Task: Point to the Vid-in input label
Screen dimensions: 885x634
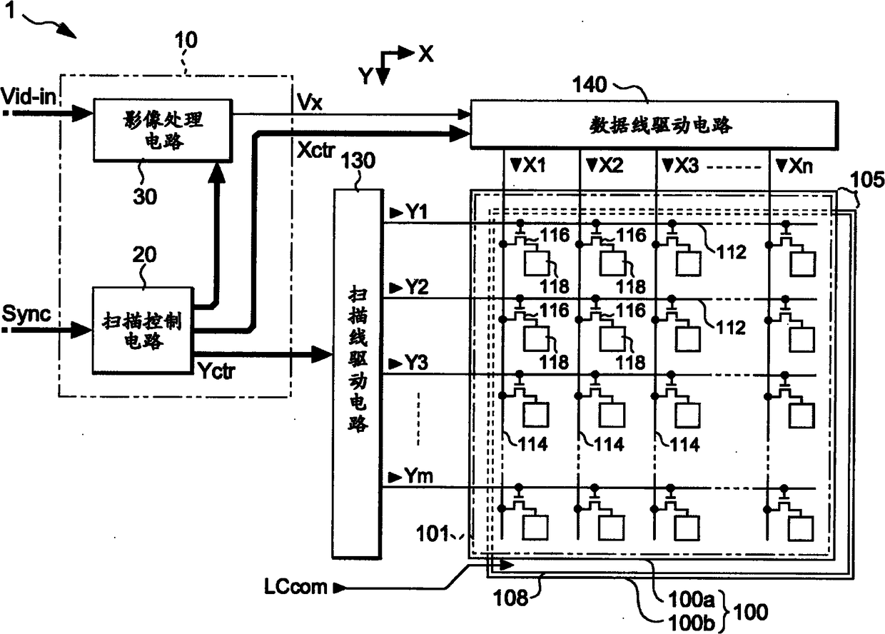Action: click(29, 96)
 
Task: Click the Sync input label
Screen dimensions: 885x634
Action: click(26, 313)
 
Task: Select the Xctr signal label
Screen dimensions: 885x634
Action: click(315, 150)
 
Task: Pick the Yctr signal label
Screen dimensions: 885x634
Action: click(216, 371)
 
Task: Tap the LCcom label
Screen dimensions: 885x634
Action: click(295, 587)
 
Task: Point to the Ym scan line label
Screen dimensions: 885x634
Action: click(418, 475)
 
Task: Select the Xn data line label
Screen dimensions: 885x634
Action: click(799, 166)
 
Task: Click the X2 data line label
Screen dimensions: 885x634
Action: click(610, 165)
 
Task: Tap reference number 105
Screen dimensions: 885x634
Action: click(867, 179)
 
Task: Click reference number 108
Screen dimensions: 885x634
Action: click(510, 598)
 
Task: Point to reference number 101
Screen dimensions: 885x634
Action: click(433, 533)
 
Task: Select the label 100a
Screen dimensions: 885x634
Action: click(692, 599)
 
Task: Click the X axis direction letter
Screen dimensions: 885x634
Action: click(425, 54)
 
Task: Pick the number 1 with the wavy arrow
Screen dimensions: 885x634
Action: click(9, 9)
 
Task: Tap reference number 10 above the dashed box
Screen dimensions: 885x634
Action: click(186, 40)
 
